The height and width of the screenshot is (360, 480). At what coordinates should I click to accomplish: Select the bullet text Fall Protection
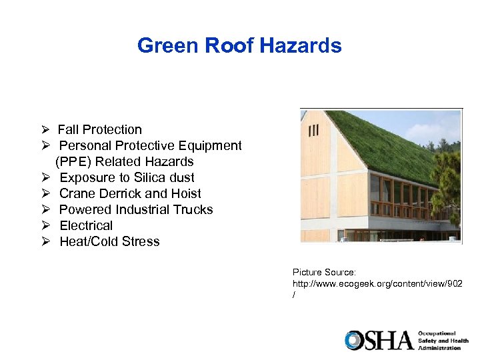pyautogui.click(x=99, y=129)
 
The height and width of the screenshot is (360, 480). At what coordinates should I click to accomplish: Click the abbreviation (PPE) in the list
pyautogui.click(x=76, y=161)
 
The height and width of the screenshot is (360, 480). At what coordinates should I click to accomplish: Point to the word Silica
pyautogui.click(x=153, y=177)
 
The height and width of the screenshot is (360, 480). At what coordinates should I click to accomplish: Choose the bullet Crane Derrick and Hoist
pyautogui.click(x=130, y=193)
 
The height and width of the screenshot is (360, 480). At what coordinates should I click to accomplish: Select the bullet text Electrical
pyautogui.click(x=86, y=225)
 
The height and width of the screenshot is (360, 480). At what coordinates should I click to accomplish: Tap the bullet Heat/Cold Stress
pyautogui.click(x=109, y=241)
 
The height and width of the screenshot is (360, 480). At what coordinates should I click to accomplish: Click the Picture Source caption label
pyautogui.click(x=324, y=272)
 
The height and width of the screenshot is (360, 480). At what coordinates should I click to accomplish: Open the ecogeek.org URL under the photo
pyautogui.click(x=377, y=283)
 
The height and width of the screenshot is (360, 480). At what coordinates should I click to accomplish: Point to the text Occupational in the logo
pyautogui.click(x=437, y=333)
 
